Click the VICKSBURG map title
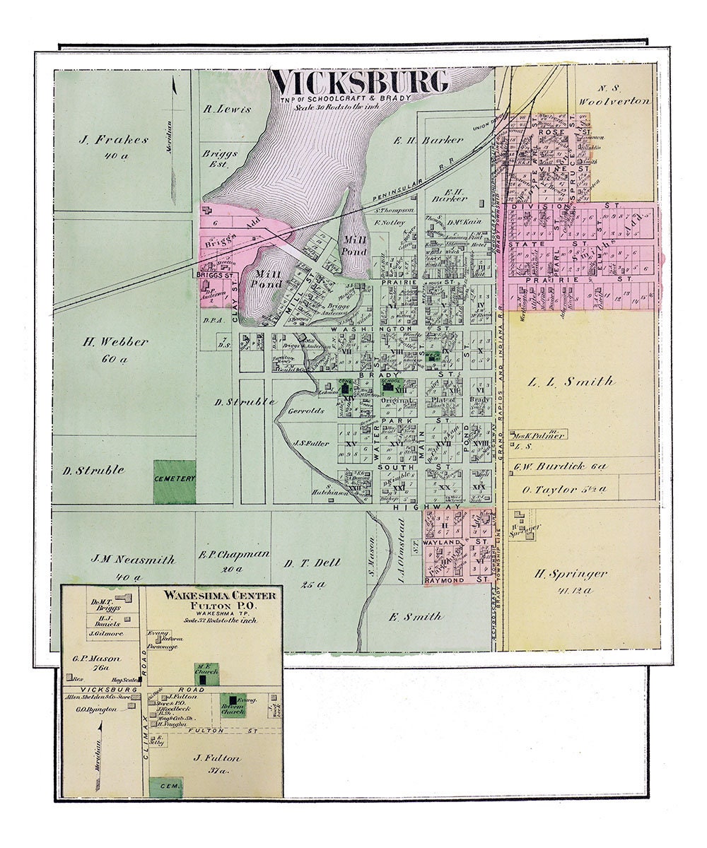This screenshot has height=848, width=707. point(361,83)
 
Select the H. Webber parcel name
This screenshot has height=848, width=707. point(115,342)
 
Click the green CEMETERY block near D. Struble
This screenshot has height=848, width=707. point(175,482)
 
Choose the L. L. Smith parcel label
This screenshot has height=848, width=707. point(571,382)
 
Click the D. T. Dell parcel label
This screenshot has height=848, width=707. point(312,563)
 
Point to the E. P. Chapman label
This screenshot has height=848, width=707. point(234,554)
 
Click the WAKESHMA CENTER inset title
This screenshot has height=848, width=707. point(220,596)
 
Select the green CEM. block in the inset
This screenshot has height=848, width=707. point(166,787)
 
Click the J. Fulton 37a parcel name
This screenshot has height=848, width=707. point(217,759)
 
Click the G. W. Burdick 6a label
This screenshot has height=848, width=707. point(560,467)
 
